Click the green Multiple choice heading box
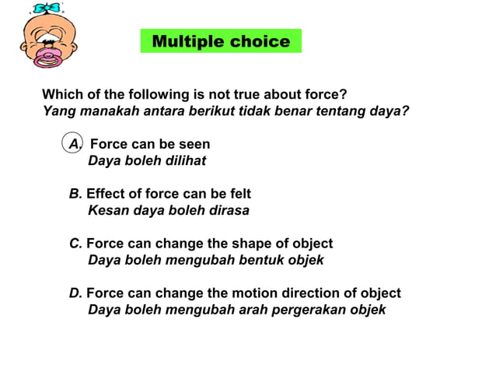click(x=221, y=41)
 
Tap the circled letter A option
click(x=74, y=144)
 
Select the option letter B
click(x=75, y=194)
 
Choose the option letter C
click(x=75, y=244)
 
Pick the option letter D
click(x=75, y=293)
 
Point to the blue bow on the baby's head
click(x=46, y=9)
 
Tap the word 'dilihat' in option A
click(x=184, y=161)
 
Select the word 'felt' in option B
click(x=239, y=194)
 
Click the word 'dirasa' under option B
click(x=229, y=210)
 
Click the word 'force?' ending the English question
click(x=327, y=94)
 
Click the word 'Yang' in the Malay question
click(x=57, y=111)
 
